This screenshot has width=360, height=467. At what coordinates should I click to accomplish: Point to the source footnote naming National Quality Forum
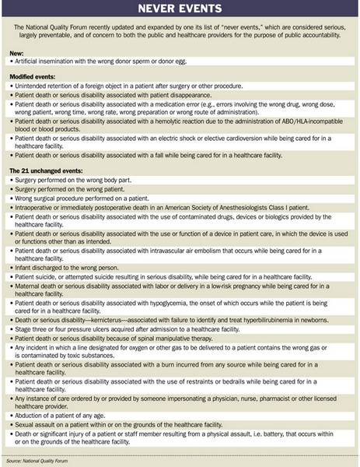click(39, 461)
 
